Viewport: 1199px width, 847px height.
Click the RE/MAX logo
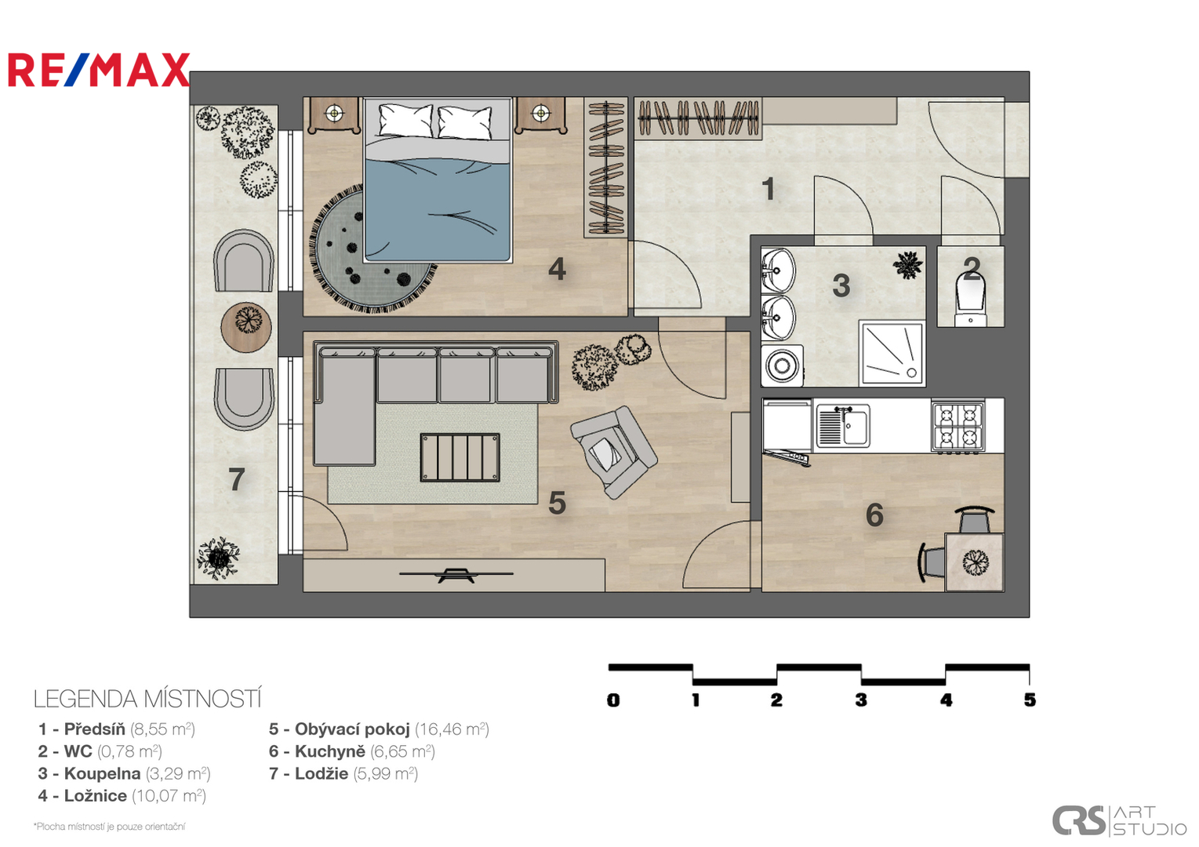click(x=99, y=70)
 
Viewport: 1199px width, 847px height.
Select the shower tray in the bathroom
click(x=892, y=353)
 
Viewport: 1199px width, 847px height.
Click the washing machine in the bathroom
click(x=782, y=366)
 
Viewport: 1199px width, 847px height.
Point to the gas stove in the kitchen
click(x=958, y=427)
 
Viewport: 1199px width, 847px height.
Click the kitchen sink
click(x=842, y=426)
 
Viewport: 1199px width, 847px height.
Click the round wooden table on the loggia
click(x=246, y=327)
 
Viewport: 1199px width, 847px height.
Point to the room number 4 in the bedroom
click(x=558, y=269)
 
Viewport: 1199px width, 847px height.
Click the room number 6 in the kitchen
click(x=874, y=514)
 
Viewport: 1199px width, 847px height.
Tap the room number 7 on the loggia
click(x=237, y=479)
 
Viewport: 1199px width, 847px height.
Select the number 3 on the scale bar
click(x=861, y=700)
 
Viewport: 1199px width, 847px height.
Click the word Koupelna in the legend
click(x=102, y=773)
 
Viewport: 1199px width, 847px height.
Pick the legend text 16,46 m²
click(x=452, y=729)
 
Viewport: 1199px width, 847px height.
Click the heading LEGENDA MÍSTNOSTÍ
click(x=147, y=700)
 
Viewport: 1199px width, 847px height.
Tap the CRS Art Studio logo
click(x=1119, y=820)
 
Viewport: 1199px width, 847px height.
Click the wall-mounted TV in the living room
click(x=456, y=575)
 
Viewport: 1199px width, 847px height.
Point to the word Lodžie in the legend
click(x=322, y=773)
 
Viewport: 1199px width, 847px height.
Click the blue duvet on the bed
click(x=436, y=209)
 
